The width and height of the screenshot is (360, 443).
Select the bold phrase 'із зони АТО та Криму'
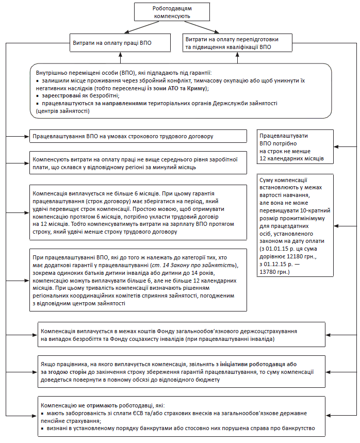[x=181, y=88]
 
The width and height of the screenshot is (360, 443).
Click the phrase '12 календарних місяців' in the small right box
[x=292, y=158]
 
